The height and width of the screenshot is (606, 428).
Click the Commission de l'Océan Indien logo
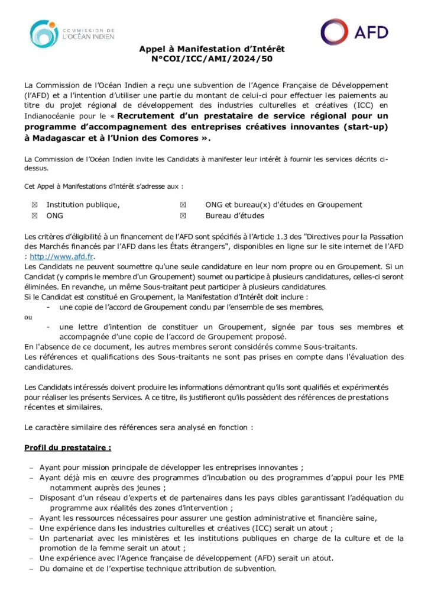pyautogui.click(x=72, y=34)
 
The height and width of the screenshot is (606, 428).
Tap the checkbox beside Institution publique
pyautogui.click(x=34, y=205)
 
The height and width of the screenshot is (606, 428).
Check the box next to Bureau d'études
pyautogui.click(x=183, y=216)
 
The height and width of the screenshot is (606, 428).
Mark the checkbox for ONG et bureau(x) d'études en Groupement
pyautogui.click(x=183, y=205)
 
